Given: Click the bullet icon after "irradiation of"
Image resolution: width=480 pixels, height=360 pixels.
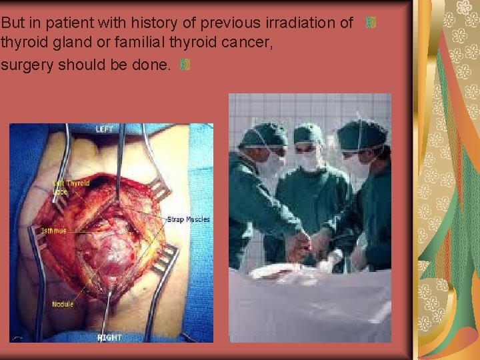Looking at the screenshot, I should click(x=372, y=23).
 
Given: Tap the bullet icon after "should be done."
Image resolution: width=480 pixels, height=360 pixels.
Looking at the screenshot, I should click(x=185, y=65).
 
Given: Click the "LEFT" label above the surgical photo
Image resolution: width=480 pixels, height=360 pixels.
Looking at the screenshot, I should click(x=105, y=129).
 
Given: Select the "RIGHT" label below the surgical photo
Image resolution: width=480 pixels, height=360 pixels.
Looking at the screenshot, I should click(x=110, y=337).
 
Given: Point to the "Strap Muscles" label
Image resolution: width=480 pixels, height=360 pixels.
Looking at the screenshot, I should click(x=188, y=219).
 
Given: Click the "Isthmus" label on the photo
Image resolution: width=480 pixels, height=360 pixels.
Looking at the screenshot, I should click(x=53, y=231).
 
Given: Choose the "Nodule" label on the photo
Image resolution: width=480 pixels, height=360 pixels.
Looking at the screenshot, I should click(x=63, y=305).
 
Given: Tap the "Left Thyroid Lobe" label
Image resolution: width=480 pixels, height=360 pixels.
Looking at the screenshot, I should click(x=71, y=186).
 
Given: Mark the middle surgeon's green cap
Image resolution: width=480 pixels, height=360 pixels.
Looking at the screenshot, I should click(x=308, y=134).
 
